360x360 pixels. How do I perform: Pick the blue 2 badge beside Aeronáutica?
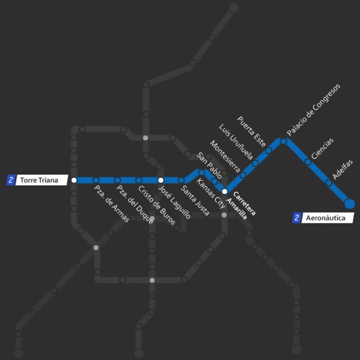coord(297,218)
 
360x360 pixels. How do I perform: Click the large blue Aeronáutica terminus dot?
coord(349,204)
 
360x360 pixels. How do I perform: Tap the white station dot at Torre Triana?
coord(74,181)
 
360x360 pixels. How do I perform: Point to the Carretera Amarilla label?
coord(244,206)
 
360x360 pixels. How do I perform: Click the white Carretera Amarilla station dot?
coord(224,191)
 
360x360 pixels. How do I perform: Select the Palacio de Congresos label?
coord(313,109)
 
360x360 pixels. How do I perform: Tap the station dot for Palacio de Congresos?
coord(283,141)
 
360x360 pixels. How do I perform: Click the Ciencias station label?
coord(322,148)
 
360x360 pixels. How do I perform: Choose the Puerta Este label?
coord(251,130)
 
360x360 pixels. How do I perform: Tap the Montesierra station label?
coord(223,156)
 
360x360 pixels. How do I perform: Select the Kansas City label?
coord(211,195)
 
